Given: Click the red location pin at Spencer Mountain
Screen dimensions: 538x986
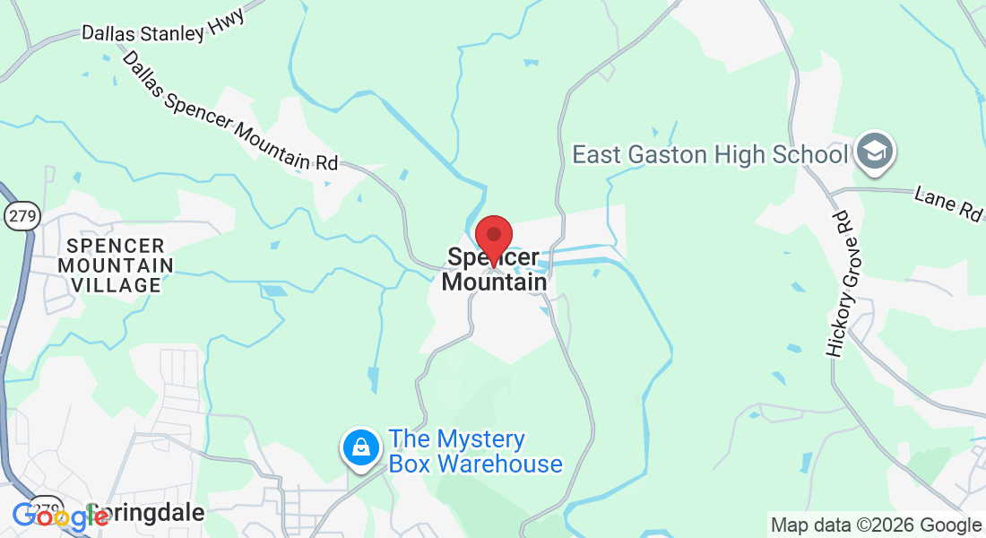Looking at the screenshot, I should point(493,237).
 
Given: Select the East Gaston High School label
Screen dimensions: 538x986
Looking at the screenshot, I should point(709,154).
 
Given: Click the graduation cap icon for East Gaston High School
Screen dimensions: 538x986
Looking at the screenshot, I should point(871,152).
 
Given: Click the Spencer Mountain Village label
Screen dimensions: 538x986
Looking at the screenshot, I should point(115,265).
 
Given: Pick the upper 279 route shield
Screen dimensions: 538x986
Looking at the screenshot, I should point(19,215).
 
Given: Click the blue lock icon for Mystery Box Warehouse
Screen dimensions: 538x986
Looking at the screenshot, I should point(360,447).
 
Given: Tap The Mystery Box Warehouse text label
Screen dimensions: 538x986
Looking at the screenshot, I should point(475,452).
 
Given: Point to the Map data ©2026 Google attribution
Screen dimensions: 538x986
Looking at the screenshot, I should point(876,525).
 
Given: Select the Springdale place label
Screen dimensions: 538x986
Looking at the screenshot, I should point(152,514).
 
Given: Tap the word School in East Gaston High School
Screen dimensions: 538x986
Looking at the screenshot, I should point(805,154).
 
